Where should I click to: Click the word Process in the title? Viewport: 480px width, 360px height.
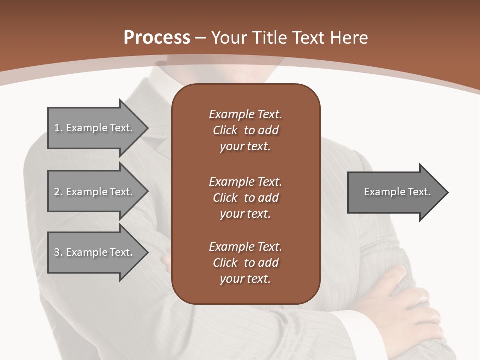(157, 38)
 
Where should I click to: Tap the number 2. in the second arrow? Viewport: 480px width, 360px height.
(58, 192)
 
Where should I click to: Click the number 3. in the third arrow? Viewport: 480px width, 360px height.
(58, 252)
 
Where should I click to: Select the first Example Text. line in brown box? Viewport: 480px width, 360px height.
(245, 114)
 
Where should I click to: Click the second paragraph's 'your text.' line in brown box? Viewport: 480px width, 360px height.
(245, 214)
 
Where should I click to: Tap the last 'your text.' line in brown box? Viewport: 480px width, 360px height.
(245, 279)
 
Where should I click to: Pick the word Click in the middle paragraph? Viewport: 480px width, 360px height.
(225, 198)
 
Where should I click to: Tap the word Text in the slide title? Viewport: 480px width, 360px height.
(309, 38)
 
